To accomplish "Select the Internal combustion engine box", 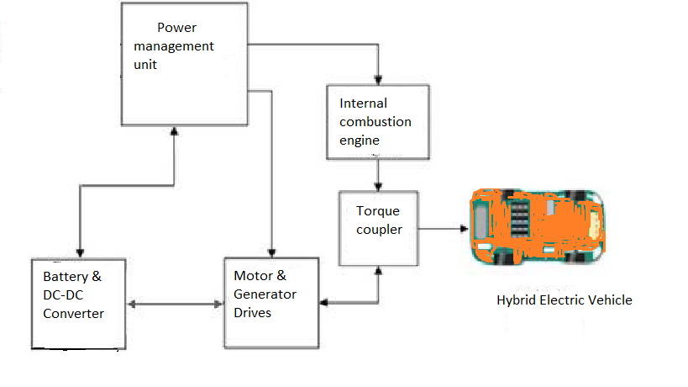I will (377, 122).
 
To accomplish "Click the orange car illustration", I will (536, 225).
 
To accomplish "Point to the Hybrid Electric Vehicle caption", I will (564, 300).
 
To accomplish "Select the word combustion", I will (376, 122).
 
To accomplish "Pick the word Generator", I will (265, 294).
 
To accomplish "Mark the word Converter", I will (73, 313).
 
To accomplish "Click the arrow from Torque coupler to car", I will (444, 228).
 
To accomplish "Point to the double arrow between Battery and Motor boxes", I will (176, 304).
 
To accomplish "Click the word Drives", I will (253, 313).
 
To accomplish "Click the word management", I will (168, 45).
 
